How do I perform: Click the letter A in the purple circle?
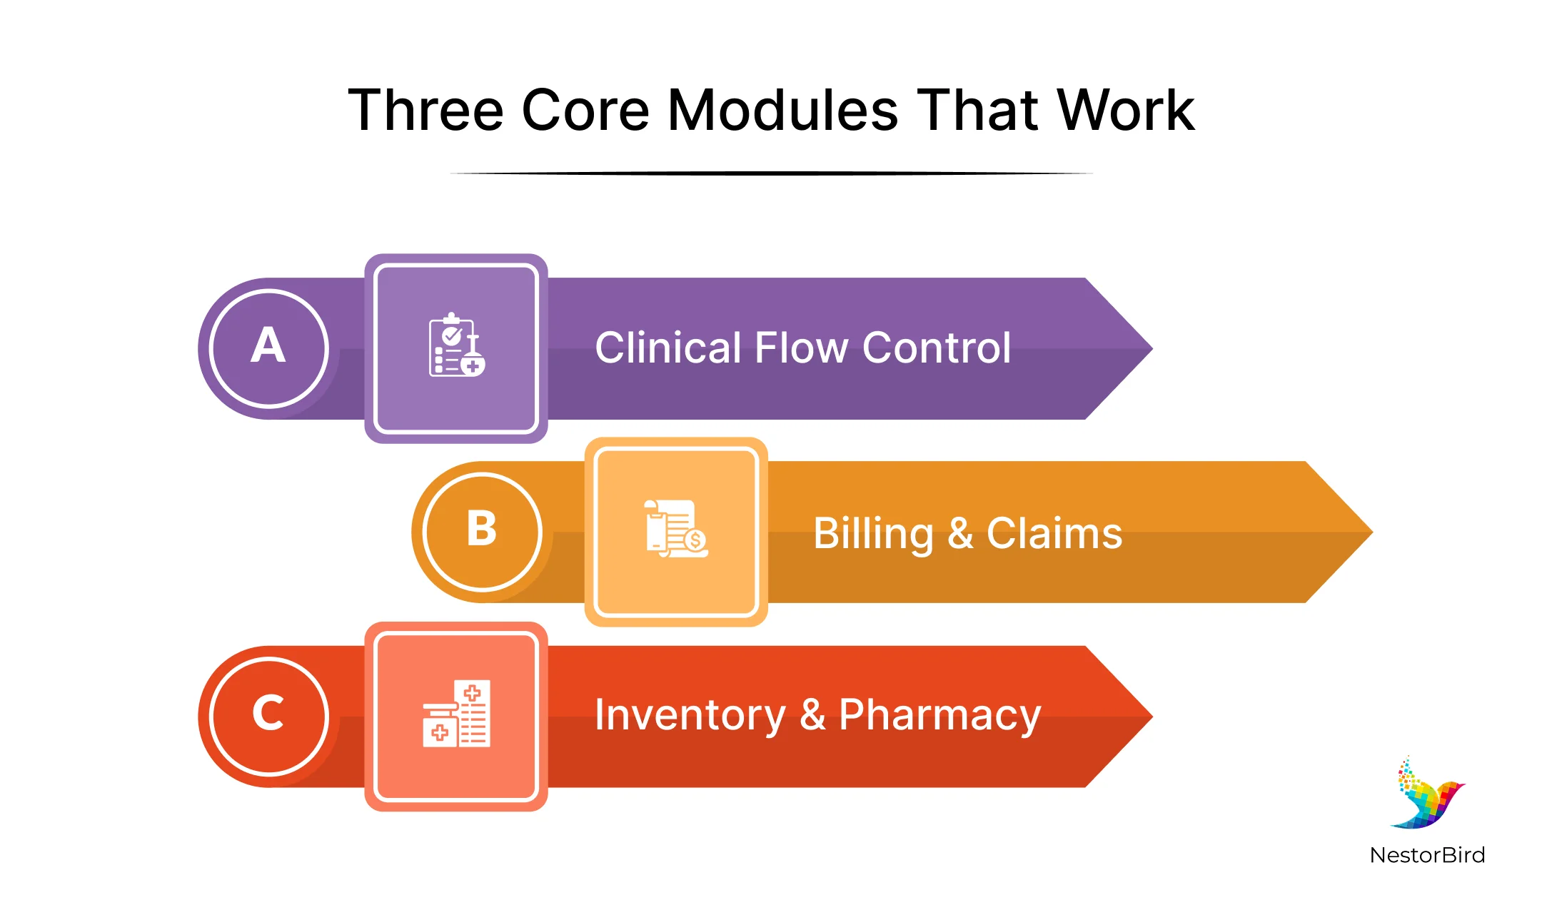268,346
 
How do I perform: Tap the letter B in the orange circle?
482,530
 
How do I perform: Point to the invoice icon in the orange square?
675,529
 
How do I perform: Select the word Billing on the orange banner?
873,534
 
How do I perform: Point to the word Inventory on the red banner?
690,715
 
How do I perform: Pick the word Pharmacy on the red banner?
939,715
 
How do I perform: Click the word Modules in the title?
782,111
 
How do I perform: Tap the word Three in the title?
425,111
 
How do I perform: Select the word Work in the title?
1125,111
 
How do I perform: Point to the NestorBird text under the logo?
1427,855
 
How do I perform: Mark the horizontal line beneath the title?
771,173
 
